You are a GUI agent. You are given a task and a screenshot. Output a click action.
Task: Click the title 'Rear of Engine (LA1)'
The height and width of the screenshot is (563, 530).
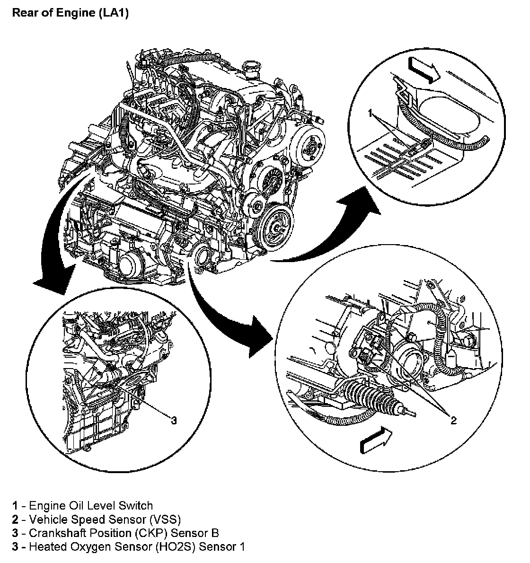(70, 13)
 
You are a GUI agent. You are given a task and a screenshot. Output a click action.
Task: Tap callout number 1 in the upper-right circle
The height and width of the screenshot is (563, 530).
(370, 114)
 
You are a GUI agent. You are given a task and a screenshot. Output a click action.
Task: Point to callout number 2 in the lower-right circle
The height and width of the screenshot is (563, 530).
(453, 420)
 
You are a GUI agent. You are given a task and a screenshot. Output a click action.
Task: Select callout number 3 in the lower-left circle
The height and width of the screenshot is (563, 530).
(174, 420)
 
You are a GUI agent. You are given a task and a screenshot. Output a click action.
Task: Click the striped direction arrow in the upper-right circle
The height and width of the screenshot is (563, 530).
(424, 71)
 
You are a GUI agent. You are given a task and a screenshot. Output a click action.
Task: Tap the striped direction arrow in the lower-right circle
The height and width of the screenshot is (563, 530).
(376, 440)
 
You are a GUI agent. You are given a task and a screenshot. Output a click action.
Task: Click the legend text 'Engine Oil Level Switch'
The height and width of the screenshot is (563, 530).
(91, 506)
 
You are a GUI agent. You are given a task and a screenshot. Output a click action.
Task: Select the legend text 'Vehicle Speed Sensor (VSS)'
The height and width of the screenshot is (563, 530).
(105, 519)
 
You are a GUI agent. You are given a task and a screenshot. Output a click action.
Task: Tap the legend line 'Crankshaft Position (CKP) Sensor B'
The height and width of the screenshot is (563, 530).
(115, 533)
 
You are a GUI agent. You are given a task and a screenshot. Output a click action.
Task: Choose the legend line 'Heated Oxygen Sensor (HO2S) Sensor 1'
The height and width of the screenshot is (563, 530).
(128, 547)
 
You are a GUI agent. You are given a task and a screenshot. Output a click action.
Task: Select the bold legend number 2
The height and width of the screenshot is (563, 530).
(15, 519)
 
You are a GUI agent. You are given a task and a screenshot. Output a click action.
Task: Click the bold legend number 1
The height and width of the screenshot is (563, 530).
(15, 506)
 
